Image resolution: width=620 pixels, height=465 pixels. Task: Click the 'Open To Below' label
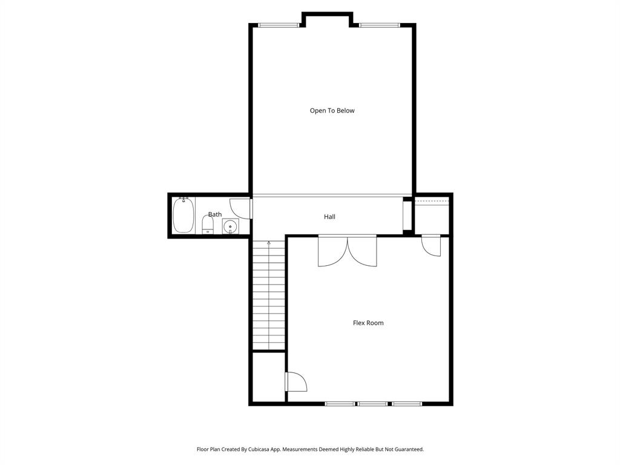[332, 111]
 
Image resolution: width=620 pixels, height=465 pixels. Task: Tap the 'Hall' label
[329, 217]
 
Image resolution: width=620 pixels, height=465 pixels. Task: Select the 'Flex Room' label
[368, 323]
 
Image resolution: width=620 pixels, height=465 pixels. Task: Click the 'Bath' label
[215, 214]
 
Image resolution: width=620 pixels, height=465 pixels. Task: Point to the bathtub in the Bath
[183, 216]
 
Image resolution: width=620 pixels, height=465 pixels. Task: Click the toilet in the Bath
[208, 225]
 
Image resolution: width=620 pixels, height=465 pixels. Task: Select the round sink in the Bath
[230, 227]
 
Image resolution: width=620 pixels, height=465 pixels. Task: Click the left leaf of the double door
[332, 251]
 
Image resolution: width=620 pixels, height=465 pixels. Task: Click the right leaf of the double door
[362, 251]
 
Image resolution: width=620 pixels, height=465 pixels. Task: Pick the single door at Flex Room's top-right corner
[432, 245]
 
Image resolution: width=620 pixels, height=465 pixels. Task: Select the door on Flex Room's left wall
[295, 381]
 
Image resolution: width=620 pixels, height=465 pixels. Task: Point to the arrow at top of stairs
[269, 243]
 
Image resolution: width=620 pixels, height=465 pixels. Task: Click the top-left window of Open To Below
[279, 25]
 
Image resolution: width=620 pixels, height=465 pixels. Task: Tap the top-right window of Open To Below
[380, 25]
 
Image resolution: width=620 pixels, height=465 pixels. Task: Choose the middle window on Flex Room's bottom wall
[372, 403]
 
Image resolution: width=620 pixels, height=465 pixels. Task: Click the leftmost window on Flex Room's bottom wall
[340, 403]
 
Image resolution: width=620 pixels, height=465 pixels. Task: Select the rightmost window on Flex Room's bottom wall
[407, 403]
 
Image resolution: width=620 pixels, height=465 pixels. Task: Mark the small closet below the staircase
[268, 377]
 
